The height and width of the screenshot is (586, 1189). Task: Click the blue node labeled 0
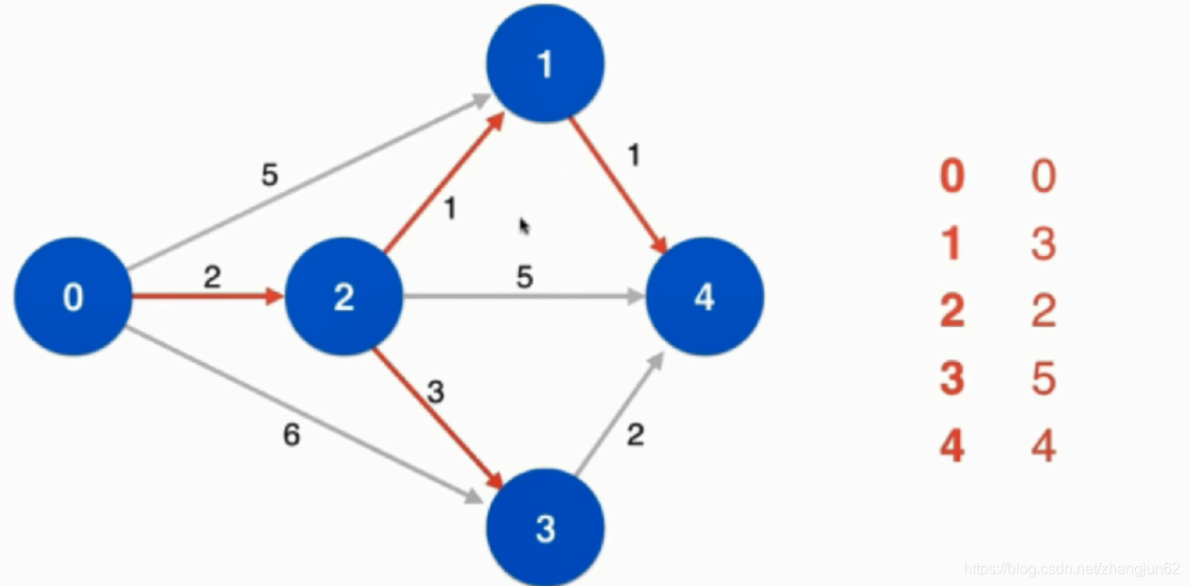[73, 297]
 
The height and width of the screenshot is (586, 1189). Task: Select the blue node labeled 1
[545, 63]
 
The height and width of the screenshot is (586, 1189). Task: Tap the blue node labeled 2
[343, 297]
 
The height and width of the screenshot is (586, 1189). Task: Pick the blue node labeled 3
[545, 527]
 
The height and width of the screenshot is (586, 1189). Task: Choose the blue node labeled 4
[704, 297]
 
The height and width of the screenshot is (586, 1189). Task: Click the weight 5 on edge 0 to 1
[270, 176]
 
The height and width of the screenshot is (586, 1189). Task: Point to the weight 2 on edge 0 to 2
[212, 276]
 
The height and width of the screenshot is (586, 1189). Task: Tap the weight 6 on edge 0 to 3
[292, 437]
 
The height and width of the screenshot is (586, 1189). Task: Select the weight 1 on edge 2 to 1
[449, 208]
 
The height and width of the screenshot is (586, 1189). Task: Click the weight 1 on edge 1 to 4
[634, 155]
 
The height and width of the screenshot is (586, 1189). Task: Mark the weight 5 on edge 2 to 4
[524, 277]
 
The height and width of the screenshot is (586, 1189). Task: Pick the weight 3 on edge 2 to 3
[435, 392]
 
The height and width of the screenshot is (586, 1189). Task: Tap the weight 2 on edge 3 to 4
[636, 435]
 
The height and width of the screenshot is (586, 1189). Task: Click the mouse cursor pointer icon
[524, 226]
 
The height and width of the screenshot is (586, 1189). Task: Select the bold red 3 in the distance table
[952, 379]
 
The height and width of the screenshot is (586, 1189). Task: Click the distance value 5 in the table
[1043, 379]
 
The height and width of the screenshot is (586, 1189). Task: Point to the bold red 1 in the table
[952, 244]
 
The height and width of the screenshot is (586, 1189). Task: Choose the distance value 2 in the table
[1043, 311]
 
